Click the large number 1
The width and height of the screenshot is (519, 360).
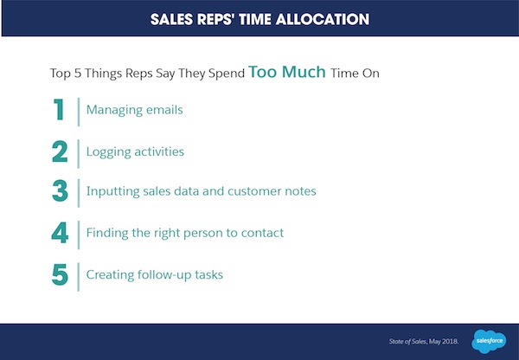(60, 111)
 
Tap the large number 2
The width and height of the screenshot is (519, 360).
(60, 151)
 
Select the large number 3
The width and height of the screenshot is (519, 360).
(60, 192)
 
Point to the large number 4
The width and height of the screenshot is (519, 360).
(60, 234)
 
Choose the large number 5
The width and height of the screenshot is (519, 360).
(60, 274)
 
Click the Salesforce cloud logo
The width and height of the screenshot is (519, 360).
(489, 339)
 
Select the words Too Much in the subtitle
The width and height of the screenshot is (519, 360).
(287, 72)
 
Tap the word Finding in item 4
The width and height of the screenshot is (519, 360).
(108, 234)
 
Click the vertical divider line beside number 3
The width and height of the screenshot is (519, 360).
(79, 192)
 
